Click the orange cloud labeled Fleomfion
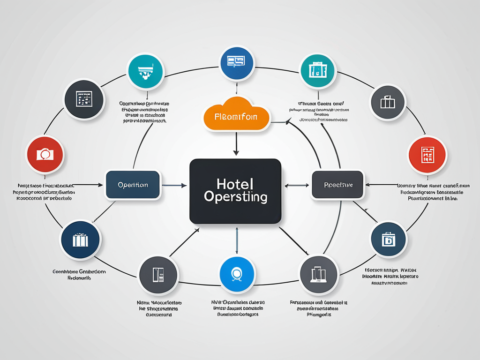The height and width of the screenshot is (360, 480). [236, 114]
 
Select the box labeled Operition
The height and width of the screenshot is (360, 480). [133, 185]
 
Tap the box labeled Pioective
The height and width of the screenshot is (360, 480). [337, 185]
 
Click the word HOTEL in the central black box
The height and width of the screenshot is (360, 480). [235, 183]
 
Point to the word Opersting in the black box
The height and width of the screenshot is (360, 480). [235, 196]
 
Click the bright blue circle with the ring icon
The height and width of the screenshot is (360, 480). [237, 275]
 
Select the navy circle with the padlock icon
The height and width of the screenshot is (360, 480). [389, 239]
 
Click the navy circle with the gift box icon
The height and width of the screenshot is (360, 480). [80, 240]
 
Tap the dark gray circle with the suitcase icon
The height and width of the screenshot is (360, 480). [388, 102]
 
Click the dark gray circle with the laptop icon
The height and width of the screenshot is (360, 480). [319, 275]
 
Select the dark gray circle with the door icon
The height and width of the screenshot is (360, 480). [158, 275]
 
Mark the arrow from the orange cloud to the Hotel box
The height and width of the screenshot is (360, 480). [236, 143]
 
